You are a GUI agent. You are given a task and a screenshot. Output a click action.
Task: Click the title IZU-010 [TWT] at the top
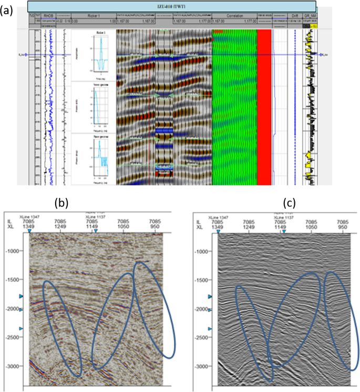[x=171, y=6]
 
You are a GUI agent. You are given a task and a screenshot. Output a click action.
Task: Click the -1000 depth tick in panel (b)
[x=16, y=251]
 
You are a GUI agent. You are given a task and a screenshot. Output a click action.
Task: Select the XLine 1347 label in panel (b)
[x=29, y=216]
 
